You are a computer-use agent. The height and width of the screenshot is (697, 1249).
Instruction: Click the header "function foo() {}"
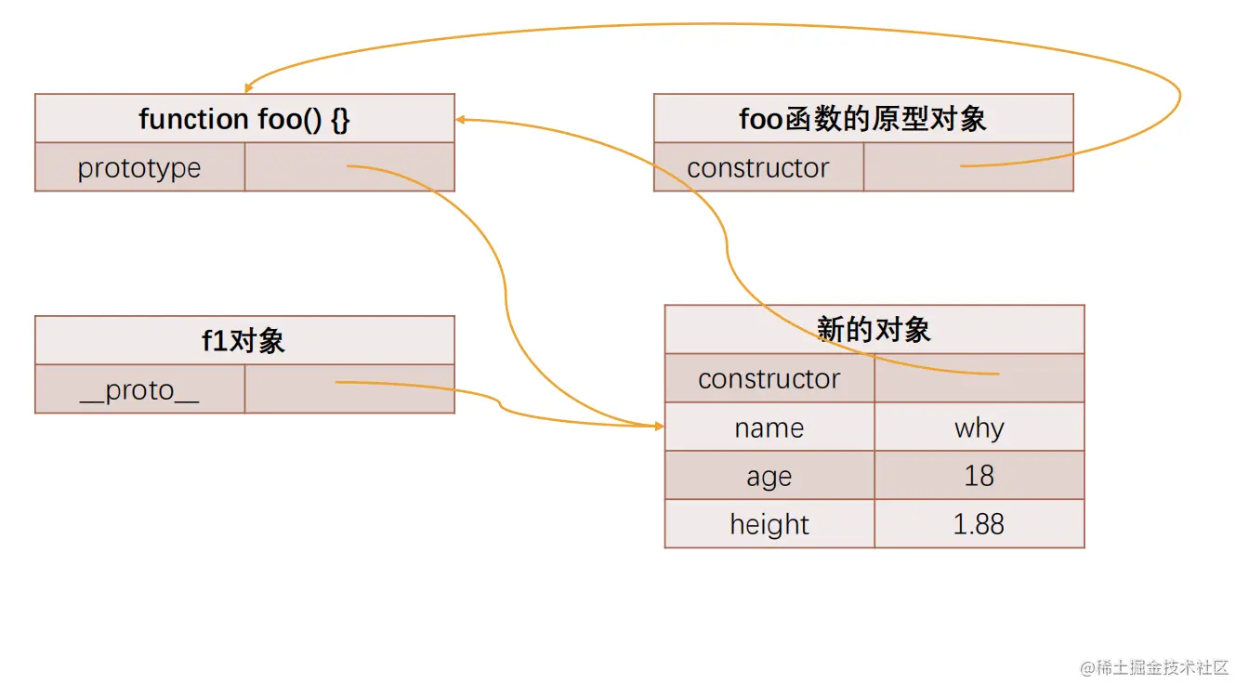244,119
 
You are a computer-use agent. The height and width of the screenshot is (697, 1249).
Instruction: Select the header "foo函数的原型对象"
862,119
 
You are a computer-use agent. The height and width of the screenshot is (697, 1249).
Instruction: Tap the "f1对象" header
244,341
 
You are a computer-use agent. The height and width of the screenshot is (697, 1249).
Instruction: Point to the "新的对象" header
874,330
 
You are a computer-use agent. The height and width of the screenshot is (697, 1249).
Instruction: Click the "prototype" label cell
139,168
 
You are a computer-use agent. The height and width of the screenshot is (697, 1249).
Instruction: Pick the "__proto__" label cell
139,390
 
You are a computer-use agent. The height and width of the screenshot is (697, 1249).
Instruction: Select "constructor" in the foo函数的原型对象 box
758,168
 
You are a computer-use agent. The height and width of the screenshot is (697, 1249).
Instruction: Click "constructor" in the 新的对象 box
769,379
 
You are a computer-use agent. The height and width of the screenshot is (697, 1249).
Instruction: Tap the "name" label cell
769,427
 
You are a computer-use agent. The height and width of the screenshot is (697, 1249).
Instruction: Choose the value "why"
979,427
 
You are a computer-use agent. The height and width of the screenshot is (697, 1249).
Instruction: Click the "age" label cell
769,477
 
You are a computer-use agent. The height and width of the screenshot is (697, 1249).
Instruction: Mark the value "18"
979,477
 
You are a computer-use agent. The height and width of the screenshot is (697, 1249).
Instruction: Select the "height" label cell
769,525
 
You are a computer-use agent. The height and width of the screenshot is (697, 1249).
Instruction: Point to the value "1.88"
979,525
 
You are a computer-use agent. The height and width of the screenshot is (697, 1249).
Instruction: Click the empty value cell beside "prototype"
349,168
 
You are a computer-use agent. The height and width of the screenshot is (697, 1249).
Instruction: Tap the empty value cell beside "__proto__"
349,390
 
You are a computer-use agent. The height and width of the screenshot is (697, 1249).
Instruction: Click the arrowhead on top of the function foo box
247,88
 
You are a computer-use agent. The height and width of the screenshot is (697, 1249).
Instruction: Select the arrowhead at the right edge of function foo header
461,120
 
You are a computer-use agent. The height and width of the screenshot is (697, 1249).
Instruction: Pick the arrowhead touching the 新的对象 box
659,426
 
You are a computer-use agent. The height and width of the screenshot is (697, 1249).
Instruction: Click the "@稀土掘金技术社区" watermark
1154,668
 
